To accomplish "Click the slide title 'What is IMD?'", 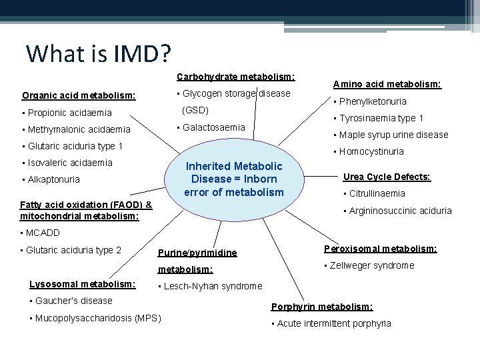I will tap(98, 53).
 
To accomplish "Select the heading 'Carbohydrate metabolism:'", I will tap(235, 77).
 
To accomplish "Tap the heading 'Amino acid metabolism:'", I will tap(387, 84).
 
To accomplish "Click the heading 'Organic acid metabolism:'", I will tap(79, 95).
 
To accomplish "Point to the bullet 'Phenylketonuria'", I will tap(373, 101).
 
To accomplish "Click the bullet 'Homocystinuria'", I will tap(371, 151).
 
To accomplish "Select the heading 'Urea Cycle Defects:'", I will tap(387, 177).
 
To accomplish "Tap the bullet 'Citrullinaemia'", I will tap(377, 193).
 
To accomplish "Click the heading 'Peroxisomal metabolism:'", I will tap(380, 249).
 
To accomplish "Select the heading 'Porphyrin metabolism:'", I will tap(322, 307).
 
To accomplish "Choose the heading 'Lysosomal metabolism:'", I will tap(83, 284).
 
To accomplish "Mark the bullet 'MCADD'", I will tap(43, 233).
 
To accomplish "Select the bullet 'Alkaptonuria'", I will tap(53, 179).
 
